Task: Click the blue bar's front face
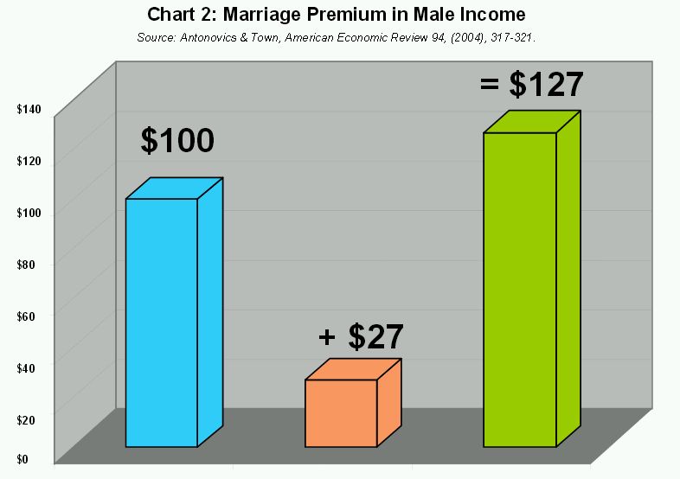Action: pyautogui.click(x=162, y=323)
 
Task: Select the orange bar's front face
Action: pyautogui.click(x=342, y=413)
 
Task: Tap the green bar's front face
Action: pyautogui.click(x=520, y=290)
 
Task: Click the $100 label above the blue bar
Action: pyautogui.click(x=177, y=140)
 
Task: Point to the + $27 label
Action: pyautogui.click(x=361, y=336)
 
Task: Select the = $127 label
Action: pyautogui.click(x=532, y=84)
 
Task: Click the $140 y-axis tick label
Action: pyautogui.click(x=29, y=109)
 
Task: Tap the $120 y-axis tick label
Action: pyautogui.click(x=29, y=162)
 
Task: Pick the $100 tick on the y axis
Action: pyautogui.click(x=29, y=213)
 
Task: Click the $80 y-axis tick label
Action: pyautogui.click(x=26, y=265)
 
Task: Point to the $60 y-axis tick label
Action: pyautogui.click(x=26, y=316)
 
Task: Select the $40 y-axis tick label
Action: pyautogui.click(x=26, y=368)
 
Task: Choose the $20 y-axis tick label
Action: pyautogui.click(x=26, y=419)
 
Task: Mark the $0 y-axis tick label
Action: pyautogui.click(x=22, y=459)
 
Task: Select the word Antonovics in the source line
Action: pyautogui.click(x=208, y=38)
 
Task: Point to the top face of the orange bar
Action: pyautogui.click(x=353, y=369)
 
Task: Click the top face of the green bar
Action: pyautogui.click(x=532, y=122)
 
